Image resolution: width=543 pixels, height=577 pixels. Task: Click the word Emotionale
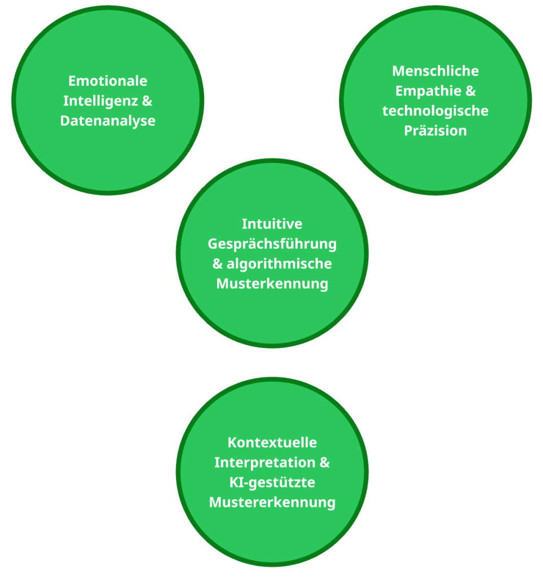point(108,81)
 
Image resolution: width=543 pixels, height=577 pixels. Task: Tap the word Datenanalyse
point(108,121)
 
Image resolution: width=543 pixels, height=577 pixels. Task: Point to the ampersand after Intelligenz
point(148,101)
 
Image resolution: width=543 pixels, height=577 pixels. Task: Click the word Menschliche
point(435,71)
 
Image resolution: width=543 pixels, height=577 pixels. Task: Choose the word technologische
point(435,111)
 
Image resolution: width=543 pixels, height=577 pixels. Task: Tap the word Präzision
point(435,131)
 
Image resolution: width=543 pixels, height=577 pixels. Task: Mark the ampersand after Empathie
point(470,91)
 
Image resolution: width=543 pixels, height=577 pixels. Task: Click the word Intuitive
point(272,224)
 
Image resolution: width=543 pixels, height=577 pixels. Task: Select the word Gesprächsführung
point(272,244)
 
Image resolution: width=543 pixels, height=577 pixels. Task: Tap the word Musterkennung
point(272,283)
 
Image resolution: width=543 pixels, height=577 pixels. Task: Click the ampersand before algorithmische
point(218,263)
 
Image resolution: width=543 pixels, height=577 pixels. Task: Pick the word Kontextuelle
point(272,442)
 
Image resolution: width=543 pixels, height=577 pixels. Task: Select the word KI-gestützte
point(272,482)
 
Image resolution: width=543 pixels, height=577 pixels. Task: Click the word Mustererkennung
point(272,502)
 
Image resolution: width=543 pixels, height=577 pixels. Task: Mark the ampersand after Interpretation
point(324,463)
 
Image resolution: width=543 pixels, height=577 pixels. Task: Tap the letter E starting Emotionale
point(72,81)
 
